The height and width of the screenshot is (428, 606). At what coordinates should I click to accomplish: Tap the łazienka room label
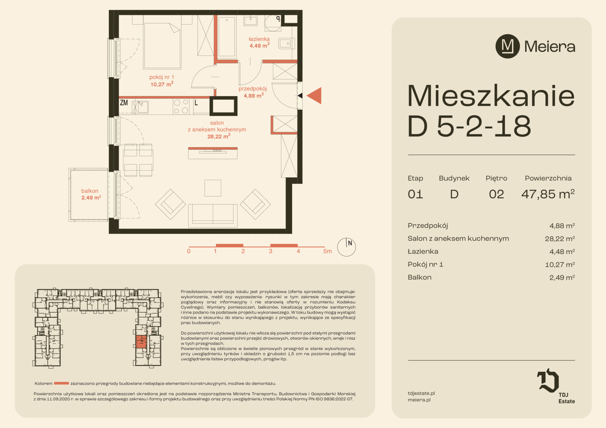point(259,39)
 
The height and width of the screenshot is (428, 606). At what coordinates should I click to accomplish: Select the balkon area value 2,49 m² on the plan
point(91,198)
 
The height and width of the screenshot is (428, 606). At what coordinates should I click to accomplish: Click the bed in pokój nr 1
point(162,46)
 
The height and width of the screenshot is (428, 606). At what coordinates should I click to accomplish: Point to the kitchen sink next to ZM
point(140,107)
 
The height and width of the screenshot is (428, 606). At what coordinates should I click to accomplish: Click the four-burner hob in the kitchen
point(181,106)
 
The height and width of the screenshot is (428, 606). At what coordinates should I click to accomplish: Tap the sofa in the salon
point(213,216)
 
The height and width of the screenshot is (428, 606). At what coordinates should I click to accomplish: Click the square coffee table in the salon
point(213,188)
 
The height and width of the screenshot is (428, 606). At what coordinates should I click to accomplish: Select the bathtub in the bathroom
point(227,37)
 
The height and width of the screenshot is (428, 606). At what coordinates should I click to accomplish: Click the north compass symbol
point(346,247)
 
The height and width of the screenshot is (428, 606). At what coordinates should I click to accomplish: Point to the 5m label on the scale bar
point(327,251)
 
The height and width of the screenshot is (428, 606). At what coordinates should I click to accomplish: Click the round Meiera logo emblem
point(508,46)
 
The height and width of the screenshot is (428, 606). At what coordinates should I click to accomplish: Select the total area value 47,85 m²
point(548,194)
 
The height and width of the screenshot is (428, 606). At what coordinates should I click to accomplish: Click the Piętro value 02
point(497,194)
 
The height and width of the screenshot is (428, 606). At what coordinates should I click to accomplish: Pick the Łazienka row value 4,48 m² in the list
point(562,251)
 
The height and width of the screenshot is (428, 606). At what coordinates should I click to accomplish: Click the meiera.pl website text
point(419,399)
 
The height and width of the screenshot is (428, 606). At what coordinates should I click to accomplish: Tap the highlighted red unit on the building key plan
point(141,342)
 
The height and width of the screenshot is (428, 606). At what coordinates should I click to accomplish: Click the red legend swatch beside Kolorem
point(61,383)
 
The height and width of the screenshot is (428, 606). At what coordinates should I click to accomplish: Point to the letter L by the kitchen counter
point(196,103)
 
